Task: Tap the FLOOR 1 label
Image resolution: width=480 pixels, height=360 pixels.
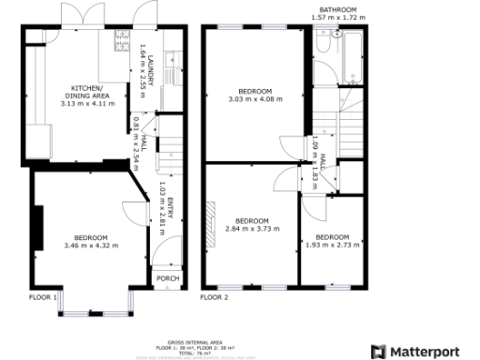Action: point(43,298)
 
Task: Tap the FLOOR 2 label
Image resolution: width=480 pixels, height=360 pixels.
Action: point(215,298)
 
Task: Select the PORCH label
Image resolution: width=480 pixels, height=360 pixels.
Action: point(166,278)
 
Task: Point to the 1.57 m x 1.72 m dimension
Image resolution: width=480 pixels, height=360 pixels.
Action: point(340,18)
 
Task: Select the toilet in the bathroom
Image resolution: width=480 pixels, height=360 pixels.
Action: point(322,44)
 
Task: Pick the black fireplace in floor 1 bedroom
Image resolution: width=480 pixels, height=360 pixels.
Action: point(38,225)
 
